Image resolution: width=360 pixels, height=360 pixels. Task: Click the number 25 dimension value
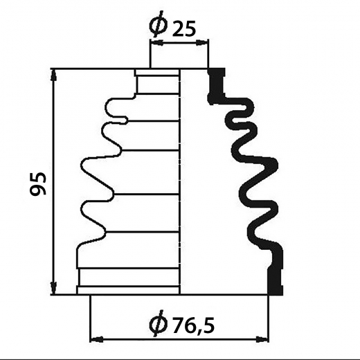[x=184, y=29]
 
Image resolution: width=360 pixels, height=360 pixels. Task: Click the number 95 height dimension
[x=38, y=183]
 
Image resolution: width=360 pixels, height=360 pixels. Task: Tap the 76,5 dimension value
[x=193, y=325]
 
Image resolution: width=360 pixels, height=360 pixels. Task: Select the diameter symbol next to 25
[x=158, y=24]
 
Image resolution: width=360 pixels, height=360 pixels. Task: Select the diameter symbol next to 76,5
[x=158, y=325]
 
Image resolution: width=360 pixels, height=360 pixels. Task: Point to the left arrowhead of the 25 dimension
[x=156, y=42]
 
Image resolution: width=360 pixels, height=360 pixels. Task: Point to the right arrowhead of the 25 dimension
[x=202, y=42]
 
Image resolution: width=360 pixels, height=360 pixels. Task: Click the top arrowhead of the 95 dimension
[x=54, y=75]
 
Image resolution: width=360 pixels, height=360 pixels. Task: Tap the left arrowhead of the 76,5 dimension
[x=96, y=339]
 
